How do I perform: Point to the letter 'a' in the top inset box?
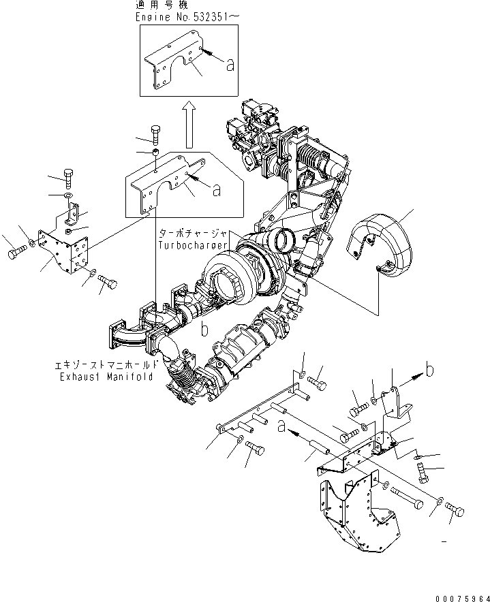click(x=230, y=65)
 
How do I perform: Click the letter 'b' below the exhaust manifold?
click(x=203, y=331)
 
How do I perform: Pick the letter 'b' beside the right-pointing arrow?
click(x=429, y=370)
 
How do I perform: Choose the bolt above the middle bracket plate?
click(x=155, y=132)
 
